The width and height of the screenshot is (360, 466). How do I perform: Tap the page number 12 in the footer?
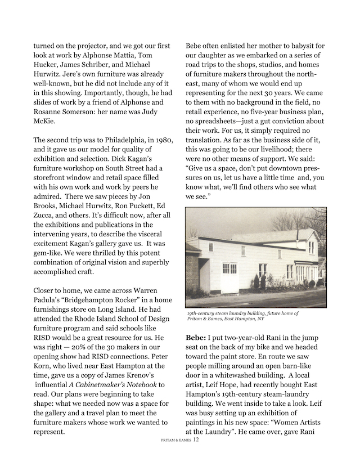(196, 440)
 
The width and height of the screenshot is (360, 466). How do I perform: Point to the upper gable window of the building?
(311, 247)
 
